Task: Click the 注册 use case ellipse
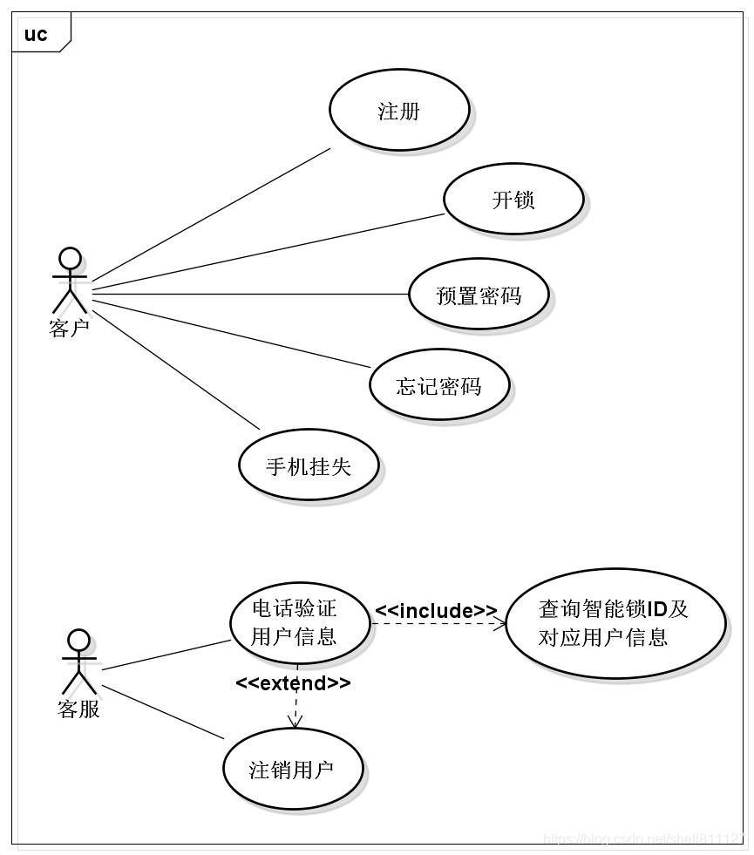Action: click(x=399, y=110)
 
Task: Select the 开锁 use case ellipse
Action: click(x=513, y=200)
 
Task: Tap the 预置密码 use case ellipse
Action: click(x=479, y=295)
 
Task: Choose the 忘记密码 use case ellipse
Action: click(x=438, y=385)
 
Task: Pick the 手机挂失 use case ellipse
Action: click(x=308, y=465)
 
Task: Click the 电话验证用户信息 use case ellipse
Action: click(x=297, y=621)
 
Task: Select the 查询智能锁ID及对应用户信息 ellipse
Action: click(x=615, y=623)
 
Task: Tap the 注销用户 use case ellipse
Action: click(x=292, y=770)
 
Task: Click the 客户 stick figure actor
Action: click(x=70, y=281)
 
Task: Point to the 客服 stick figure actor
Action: click(x=78, y=662)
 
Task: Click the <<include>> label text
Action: click(x=436, y=610)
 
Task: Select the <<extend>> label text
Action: click(x=293, y=682)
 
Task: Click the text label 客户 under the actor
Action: click(x=70, y=329)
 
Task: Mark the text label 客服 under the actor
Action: click(x=78, y=709)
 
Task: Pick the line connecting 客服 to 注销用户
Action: click(x=163, y=713)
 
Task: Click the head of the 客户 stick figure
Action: click(x=70, y=259)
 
